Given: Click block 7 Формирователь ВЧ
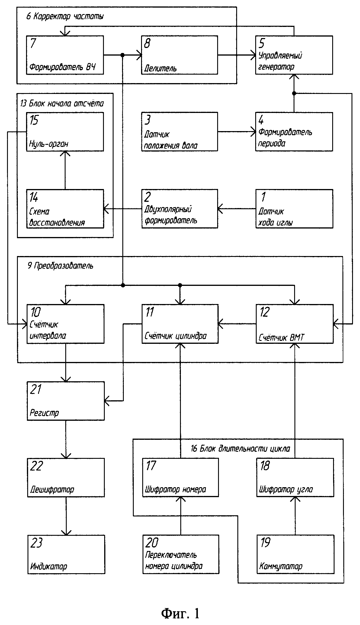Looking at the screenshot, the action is click(x=65, y=55).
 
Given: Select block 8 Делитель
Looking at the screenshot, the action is click(x=180, y=55).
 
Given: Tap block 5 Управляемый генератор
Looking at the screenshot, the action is click(x=294, y=55).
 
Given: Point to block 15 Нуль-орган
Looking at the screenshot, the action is click(x=65, y=132).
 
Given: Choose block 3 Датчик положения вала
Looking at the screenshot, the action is click(x=180, y=132).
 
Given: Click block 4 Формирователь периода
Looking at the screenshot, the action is click(x=294, y=132).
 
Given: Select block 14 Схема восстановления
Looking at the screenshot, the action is click(x=65, y=209).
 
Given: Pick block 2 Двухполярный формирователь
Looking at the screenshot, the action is click(x=180, y=209).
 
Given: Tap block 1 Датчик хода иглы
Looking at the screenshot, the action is click(x=294, y=209).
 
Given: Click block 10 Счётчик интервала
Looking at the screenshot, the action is click(x=66, y=324).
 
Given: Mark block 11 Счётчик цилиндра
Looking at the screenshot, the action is click(x=180, y=324).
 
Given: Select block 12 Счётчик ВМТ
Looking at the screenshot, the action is click(x=295, y=324).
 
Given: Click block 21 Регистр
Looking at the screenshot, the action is click(x=66, y=401).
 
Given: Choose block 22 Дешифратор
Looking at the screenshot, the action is click(x=66, y=478).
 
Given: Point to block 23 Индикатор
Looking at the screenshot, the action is click(x=66, y=554).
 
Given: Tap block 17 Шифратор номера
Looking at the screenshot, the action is click(x=181, y=478).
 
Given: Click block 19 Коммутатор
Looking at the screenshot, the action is click(x=296, y=554).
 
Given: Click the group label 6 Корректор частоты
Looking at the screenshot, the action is click(x=65, y=16).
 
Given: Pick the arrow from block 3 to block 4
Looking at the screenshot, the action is click(x=237, y=132).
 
